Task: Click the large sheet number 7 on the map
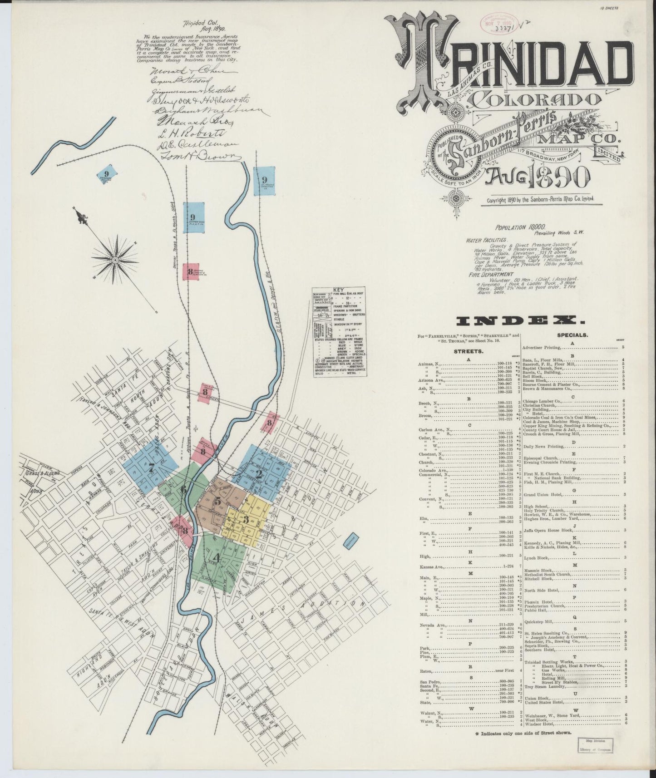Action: (151, 469)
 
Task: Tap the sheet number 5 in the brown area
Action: (218, 502)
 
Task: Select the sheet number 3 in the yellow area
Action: (246, 519)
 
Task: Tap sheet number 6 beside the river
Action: (183, 490)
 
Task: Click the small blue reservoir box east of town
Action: (352, 542)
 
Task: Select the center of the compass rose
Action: (115, 260)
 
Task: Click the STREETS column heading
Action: (464, 351)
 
